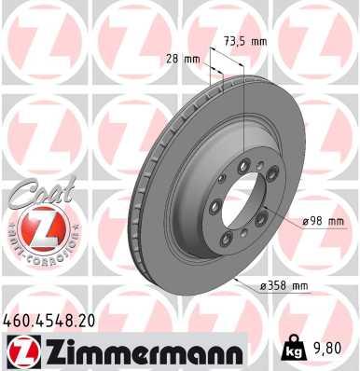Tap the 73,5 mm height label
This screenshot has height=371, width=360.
pyautogui.click(x=245, y=42)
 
